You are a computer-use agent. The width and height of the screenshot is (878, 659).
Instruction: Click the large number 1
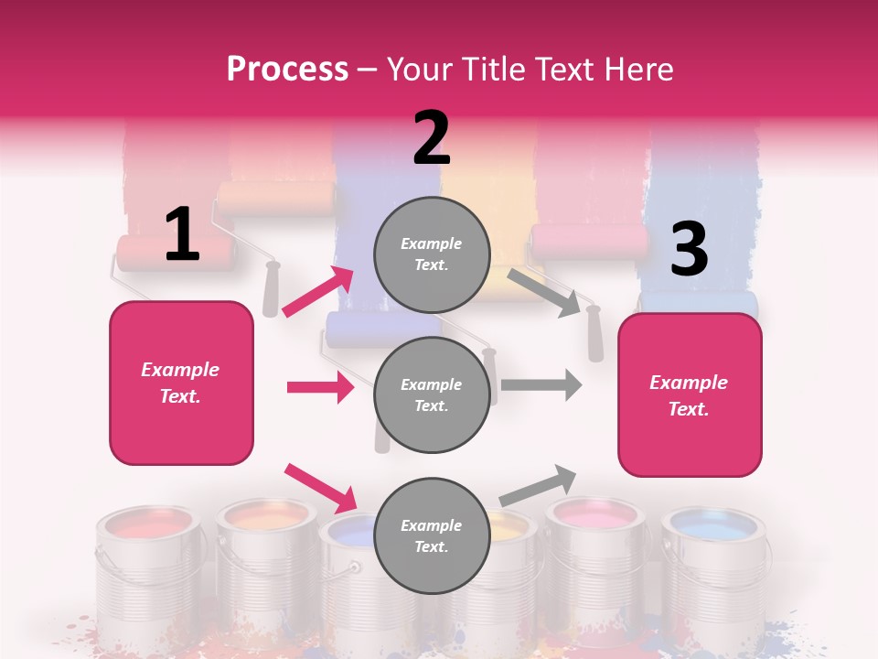(x=182, y=235)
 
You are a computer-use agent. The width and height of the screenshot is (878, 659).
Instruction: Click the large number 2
(x=432, y=139)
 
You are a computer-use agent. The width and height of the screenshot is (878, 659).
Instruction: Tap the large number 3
(x=690, y=250)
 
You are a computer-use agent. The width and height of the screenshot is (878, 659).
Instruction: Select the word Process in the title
(x=287, y=69)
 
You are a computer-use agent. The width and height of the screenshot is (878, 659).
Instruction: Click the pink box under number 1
(x=181, y=383)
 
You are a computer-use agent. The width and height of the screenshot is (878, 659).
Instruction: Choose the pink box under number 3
(x=690, y=394)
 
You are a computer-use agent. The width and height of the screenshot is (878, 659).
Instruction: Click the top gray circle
(x=432, y=254)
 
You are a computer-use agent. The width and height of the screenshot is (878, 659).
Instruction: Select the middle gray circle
(x=432, y=395)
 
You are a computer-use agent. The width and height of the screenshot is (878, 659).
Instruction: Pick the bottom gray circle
(x=432, y=536)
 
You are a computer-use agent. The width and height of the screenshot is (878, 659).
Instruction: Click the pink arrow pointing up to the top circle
(x=318, y=291)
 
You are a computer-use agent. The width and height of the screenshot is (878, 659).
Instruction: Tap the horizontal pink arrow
(x=320, y=387)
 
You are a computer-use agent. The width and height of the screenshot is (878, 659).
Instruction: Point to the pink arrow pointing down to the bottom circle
(x=320, y=488)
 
